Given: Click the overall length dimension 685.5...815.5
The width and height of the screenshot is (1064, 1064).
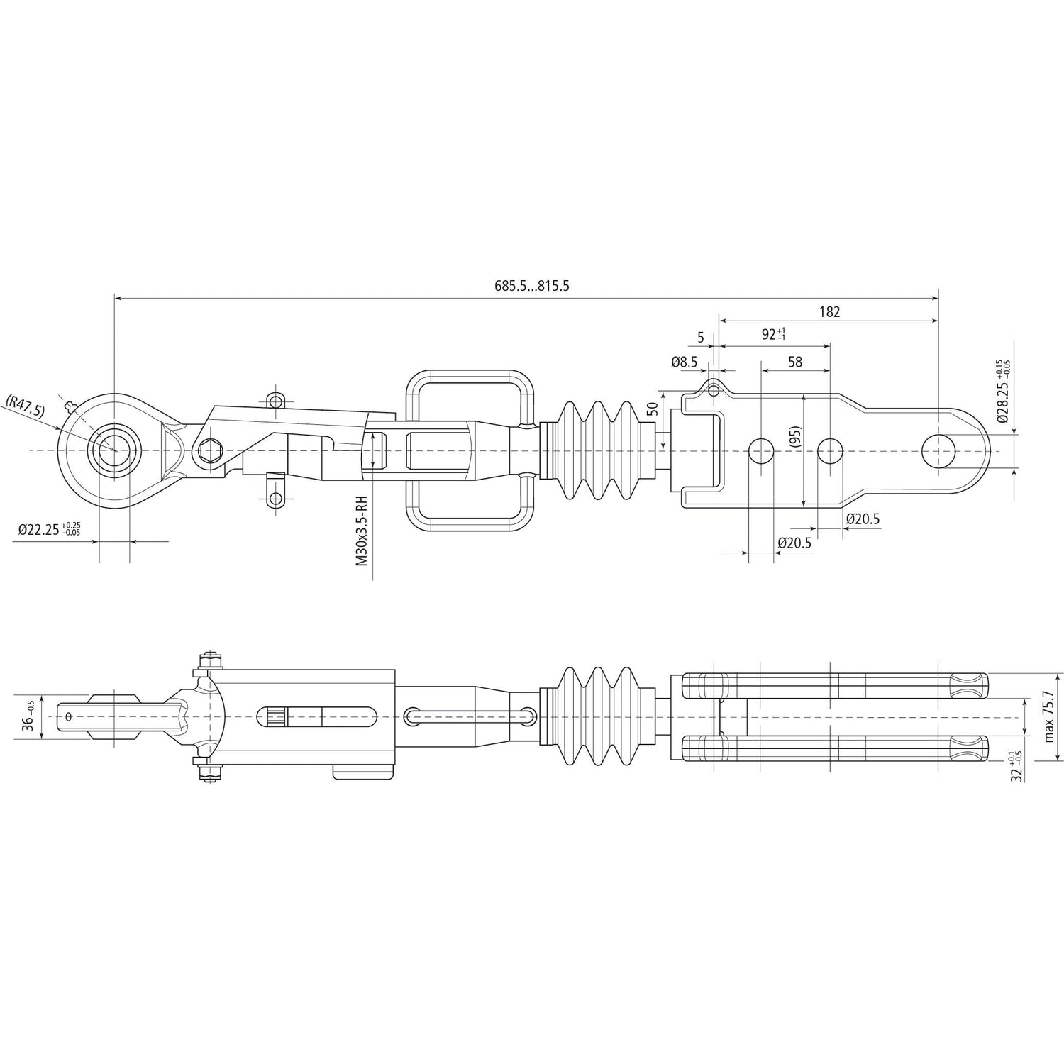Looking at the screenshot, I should [x=532, y=287].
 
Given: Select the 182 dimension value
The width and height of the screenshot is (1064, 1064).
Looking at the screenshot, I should [x=829, y=311].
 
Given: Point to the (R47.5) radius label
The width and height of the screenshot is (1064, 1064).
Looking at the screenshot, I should [x=26, y=406].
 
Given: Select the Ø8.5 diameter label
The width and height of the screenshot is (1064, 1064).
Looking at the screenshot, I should [x=684, y=362].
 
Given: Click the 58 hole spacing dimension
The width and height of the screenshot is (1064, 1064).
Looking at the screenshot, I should [x=794, y=362].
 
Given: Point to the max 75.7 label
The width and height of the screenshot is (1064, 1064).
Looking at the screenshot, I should [x=1049, y=717].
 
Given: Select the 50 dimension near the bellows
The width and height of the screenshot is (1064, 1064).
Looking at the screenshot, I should [x=652, y=409].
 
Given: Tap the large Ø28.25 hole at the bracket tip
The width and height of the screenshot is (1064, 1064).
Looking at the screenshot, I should [x=938, y=450].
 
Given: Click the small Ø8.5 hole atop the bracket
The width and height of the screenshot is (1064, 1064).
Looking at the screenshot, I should [x=714, y=390].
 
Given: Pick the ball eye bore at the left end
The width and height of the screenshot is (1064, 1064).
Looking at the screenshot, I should [x=113, y=450].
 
